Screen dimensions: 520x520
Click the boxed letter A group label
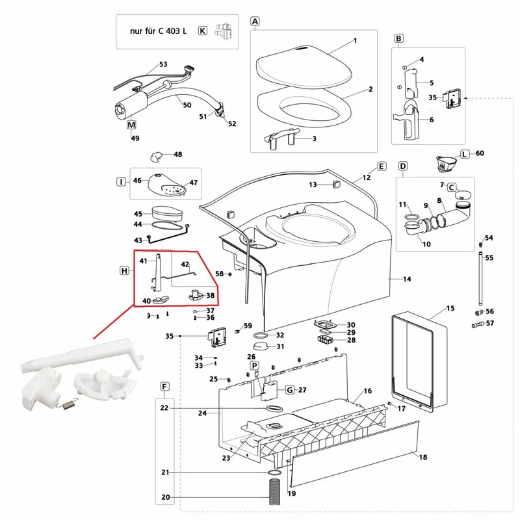[255, 21]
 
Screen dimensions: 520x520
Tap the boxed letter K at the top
[202, 31]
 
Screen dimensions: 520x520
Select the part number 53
[163, 64]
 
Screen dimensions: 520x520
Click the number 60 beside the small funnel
[480, 153]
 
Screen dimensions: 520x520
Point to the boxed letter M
[131, 124]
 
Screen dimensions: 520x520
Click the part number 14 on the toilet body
[407, 279]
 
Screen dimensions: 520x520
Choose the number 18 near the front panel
[423, 458]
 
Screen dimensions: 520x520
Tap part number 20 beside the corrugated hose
[165, 498]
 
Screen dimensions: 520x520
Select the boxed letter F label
[164, 387]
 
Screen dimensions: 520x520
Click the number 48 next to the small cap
[177, 155]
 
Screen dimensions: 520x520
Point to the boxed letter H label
[124, 270]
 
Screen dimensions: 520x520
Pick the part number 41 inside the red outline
[144, 261]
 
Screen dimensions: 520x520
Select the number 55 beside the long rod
[489, 258]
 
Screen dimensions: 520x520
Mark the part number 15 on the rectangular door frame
[450, 307]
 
